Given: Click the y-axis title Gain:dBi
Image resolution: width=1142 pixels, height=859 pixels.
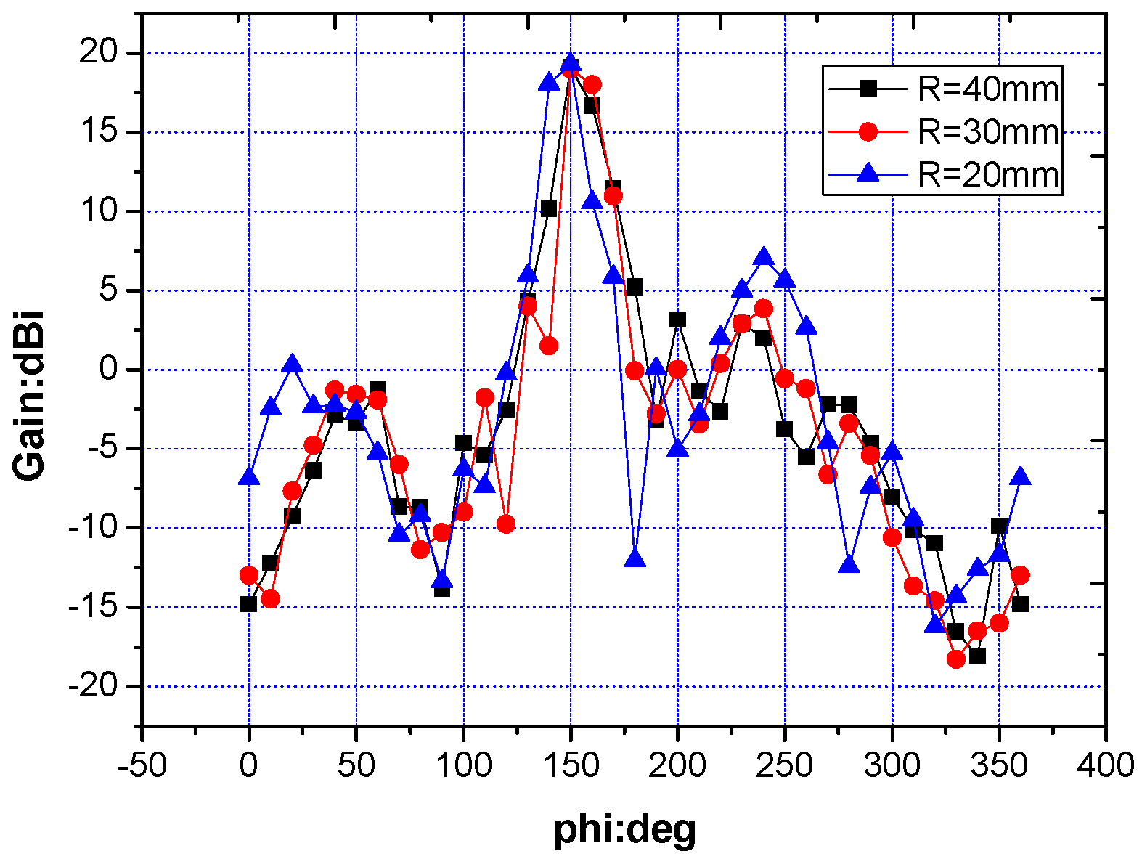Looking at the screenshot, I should pyautogui.click(x=30, y=396).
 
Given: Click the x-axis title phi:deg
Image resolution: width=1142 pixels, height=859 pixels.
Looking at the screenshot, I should pyautogui.click(x=624, y=829).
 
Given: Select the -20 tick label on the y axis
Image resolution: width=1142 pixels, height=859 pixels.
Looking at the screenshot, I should pyautogui.click(x=92, y=686).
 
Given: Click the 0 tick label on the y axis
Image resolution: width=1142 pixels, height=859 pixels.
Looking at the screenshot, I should pyautogui.click(x=108, y=370).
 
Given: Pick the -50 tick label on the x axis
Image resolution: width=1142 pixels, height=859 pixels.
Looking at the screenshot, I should pyautogui.click(x=142, y=765).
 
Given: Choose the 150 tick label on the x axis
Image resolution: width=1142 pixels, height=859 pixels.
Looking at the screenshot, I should pyautogui.click(x=571, y=765).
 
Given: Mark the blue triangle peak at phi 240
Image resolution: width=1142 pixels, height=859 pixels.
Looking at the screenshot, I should pyautogui.click(x=763, y=257).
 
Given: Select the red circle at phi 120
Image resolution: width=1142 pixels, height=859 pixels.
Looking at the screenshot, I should pyautogui.click(x=506, y=524).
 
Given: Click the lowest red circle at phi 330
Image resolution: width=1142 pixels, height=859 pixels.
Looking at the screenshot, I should pyautogui.click(x=956, y=659).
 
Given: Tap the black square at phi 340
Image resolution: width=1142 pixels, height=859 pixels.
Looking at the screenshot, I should pyautogui.click(x=977, y=656).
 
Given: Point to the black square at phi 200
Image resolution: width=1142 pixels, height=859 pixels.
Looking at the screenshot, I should pyautogui.click(x=677, y=319).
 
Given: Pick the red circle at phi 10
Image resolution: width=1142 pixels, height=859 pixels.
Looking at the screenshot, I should pyautogui.click(x=270, y=599).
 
